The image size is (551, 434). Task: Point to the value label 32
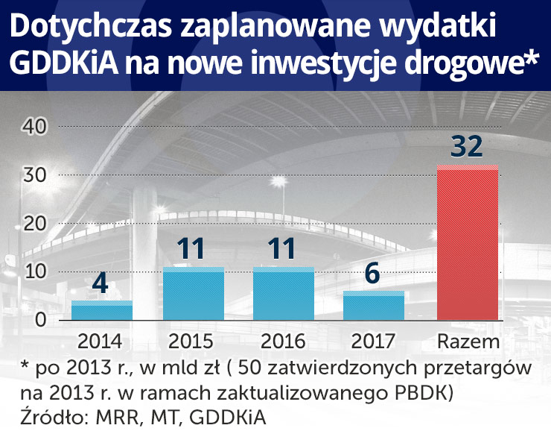pos(467,146)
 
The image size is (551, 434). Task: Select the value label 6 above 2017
pos(373,273)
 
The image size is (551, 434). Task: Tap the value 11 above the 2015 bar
pos(193,248)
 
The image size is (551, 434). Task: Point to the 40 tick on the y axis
pos(35,127)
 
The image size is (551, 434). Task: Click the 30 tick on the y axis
pos(35,175)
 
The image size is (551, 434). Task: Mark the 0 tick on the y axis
pos(41,320)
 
